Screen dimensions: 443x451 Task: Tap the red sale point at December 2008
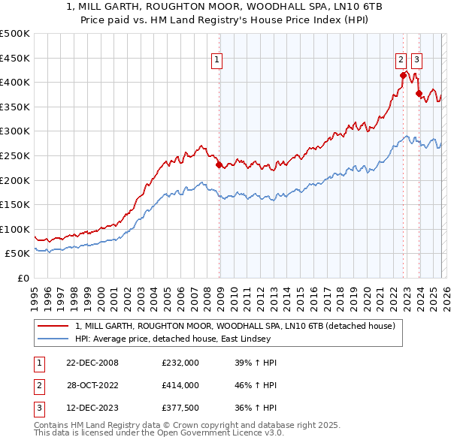pos(219,164)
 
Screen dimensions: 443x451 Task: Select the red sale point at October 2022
pos(404,75)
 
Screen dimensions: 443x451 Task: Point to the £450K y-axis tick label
pos(15,58)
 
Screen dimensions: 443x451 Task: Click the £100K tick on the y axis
pos(15,229)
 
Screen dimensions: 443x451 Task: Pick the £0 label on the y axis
pos(23,278)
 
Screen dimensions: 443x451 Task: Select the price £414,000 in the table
pos(180,385)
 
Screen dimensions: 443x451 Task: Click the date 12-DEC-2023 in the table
pos(91,408)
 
